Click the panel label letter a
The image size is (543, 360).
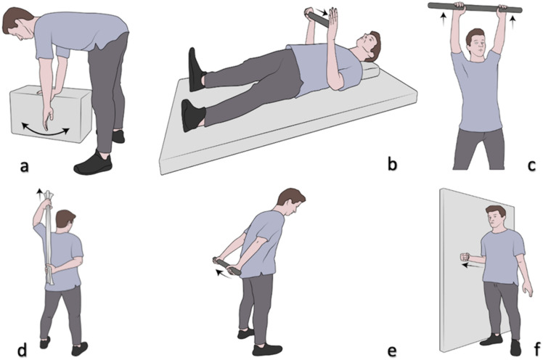pos(24,166)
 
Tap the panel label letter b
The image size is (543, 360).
pos(392,165)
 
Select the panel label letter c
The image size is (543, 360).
pos(532,166)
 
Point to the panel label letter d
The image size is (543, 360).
pos(23,351)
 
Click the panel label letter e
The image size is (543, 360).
pos(392,352)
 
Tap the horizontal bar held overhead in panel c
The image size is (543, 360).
pos(475,7)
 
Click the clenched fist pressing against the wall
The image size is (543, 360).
pos(465,258)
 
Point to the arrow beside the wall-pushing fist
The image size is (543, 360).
pos(475,266)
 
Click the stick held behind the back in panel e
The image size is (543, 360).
pos(227,266)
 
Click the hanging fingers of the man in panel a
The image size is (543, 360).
pos(46,118)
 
